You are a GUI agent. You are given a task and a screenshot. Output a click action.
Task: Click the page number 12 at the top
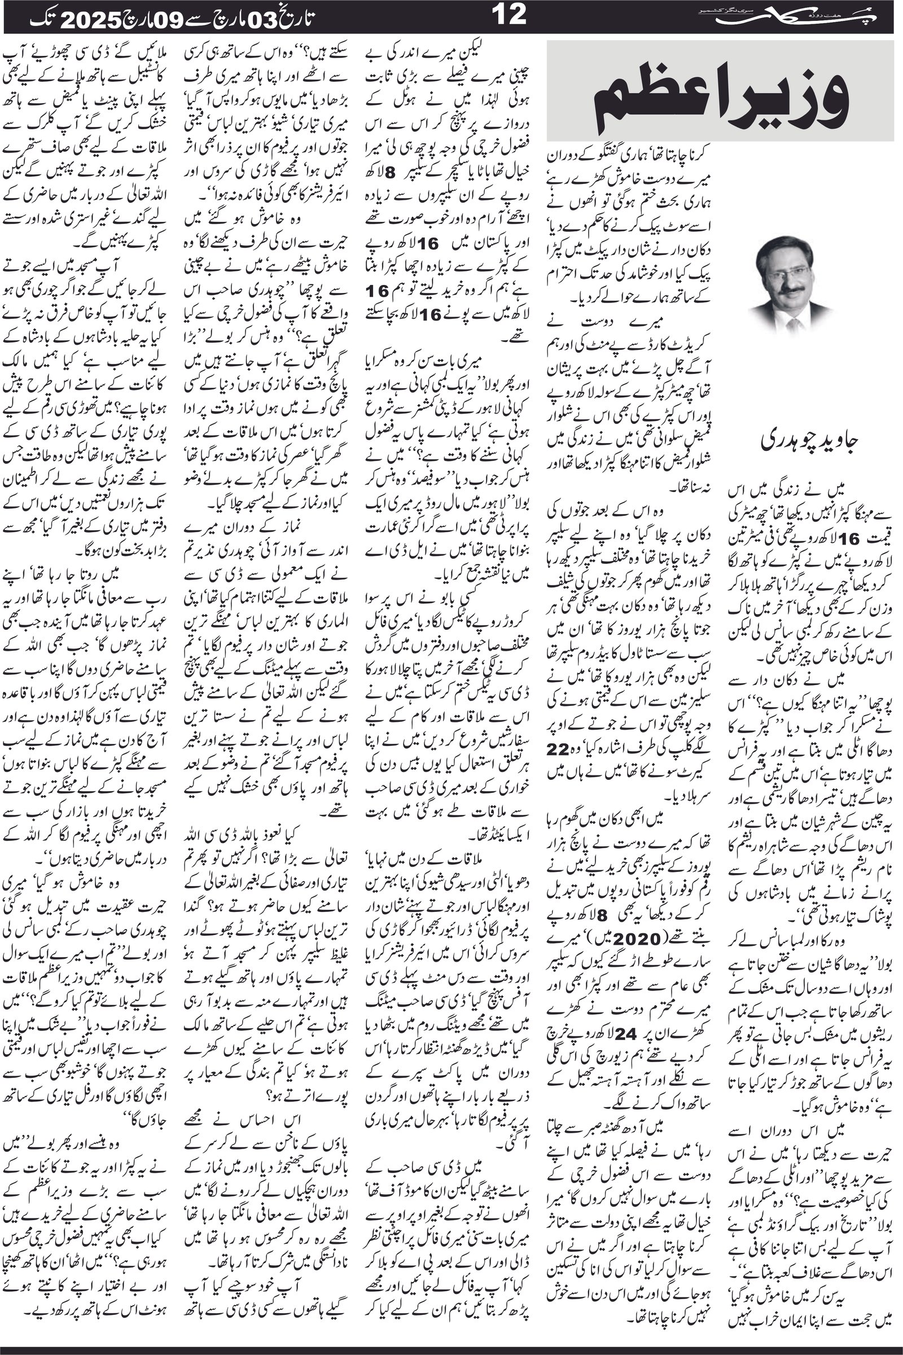pyautogui.click(x=510, y=16)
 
